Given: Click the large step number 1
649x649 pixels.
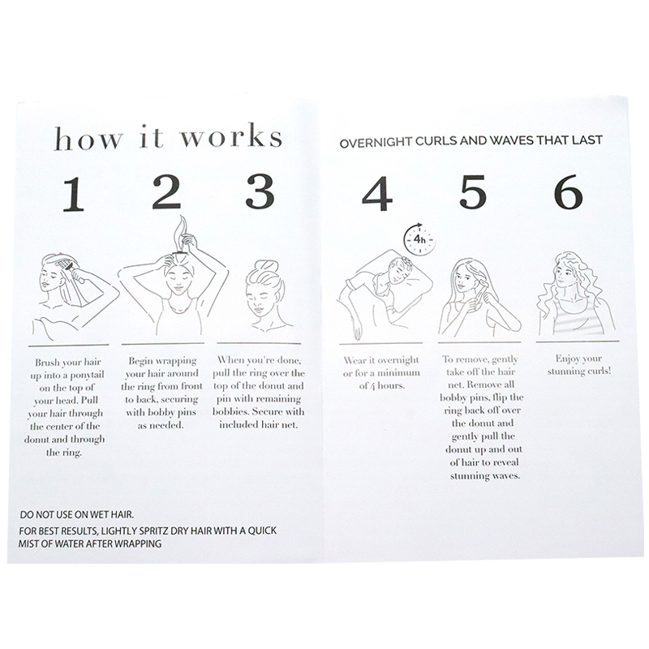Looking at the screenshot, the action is (74, 194).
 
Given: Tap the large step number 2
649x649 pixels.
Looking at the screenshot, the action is (166, 191).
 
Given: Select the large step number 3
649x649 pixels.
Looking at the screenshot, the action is (260, 191).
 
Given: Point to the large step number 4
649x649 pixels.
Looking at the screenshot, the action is (376, 194).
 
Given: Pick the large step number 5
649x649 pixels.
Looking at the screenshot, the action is (472, 191).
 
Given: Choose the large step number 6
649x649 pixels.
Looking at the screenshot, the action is (569, 191).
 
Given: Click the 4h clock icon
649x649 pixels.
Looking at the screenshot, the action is (419, 239).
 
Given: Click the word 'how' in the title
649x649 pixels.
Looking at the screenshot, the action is (88, 138).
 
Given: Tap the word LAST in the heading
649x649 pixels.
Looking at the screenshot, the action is (587, 140).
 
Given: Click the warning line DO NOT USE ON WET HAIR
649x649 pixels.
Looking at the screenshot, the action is (76, 514).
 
